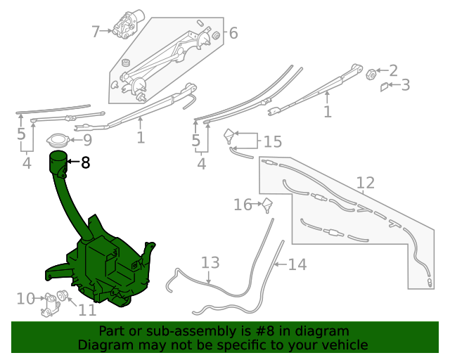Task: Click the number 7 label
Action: pyautogui.click(x=96, y=31)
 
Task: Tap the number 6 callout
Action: pyautogui.click(x=233, y=33)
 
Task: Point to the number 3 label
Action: pyautogui.click(x=405, y=86)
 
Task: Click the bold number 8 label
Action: pyautogui.click(x=85, y=163)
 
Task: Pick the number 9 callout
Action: pyautogui.click(x=87, y=141)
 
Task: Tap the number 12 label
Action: pyautogui.click(x=365, y=184)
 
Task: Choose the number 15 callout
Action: pyautogui.click(x=272, y=142)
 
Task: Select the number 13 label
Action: pyautogui.click(x=211, y=263)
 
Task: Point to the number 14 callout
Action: pyautogui.click(x=297, y=265)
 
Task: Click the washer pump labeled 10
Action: pyautogui.click(x=51, y=303)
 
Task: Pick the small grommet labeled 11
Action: pyautogui.click(x=62, y=295)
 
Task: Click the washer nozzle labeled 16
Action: pyautogui.click(x=267, y=205)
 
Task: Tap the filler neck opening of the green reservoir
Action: pyautogui.click(x=57, y=155)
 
